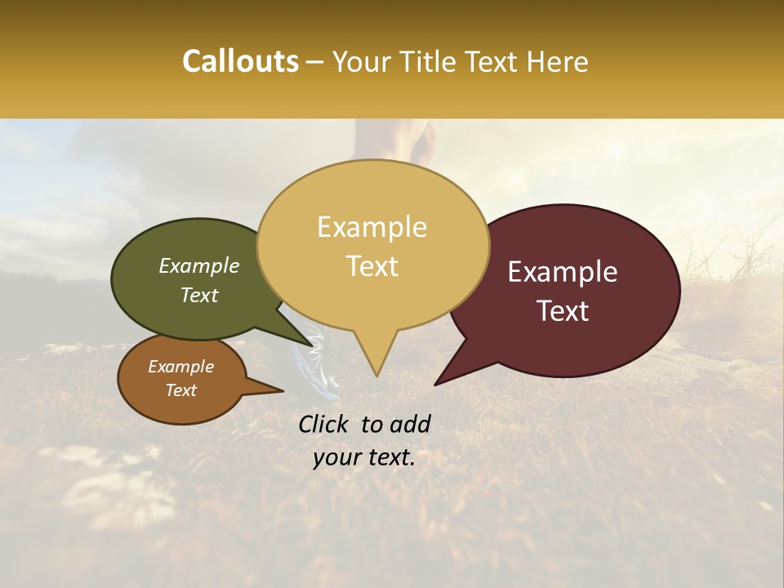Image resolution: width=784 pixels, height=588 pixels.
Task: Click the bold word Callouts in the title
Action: [240, 61]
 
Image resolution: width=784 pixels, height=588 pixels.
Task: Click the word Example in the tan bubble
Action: [372, 227]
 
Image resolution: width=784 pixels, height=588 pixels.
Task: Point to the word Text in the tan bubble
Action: [372, 266]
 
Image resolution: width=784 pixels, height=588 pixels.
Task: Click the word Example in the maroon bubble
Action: [563, 272]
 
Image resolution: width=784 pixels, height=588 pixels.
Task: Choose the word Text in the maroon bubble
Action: [563, 311]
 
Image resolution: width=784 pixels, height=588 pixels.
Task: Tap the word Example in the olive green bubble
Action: [199, 266]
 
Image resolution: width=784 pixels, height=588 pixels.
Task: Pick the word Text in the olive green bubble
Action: [199, 295]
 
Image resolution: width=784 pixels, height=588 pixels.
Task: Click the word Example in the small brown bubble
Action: [181, 367]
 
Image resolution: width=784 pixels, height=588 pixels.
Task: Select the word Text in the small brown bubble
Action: [181, 390]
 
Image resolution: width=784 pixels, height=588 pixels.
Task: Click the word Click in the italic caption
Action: [325, 424]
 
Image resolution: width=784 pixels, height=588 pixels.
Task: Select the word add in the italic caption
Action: [410, 424]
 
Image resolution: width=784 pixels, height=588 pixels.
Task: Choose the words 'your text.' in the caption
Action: [364, 457]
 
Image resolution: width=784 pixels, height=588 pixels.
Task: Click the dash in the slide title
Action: [316, 62]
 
